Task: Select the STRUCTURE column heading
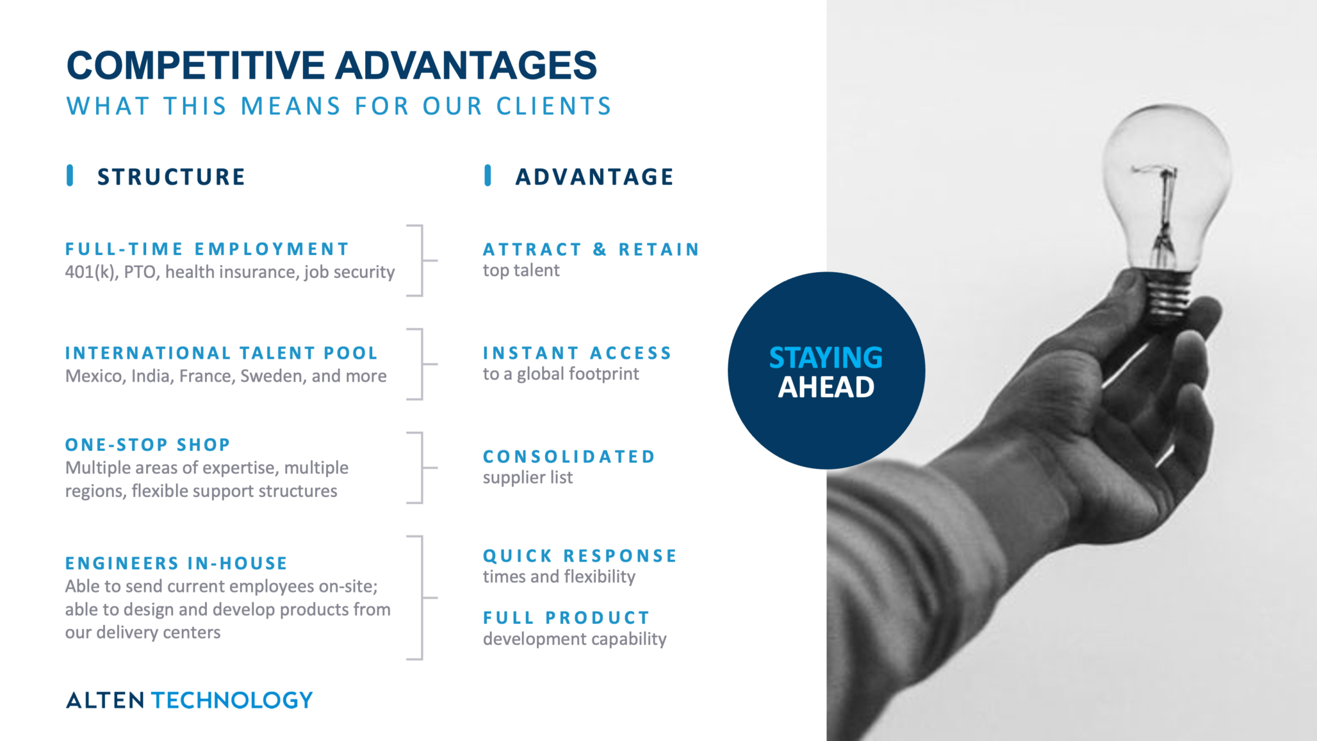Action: (171, 177)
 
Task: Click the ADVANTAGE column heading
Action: (594, 177)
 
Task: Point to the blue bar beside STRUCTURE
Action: (70, 175)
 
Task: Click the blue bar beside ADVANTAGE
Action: (488, 175)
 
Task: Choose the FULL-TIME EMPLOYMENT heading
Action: (207, 248)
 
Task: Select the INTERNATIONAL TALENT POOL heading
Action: (222, 353)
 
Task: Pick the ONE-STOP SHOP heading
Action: (147, 444)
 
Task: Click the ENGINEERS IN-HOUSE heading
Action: (176, 563)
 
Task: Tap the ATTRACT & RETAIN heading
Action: (591, 249)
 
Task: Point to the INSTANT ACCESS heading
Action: (577, 353)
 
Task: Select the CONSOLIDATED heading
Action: (569, 457)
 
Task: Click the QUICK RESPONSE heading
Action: (580, 556)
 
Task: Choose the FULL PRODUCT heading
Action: (566, 618)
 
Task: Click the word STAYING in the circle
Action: (826, 358)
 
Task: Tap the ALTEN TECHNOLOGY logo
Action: (190, 700)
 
